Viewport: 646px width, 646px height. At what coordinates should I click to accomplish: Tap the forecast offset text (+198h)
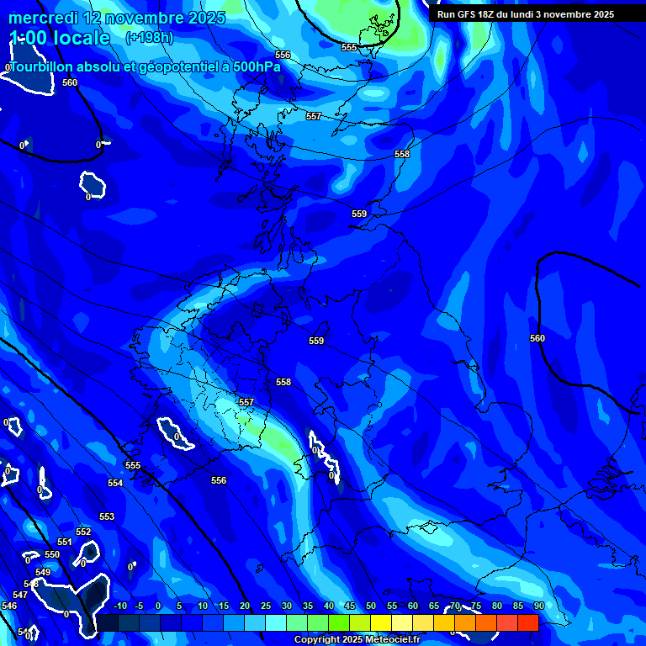tap(149, 37)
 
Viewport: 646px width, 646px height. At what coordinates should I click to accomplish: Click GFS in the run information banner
tap(471, 14)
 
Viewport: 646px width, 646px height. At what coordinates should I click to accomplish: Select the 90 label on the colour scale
tap(538, 606)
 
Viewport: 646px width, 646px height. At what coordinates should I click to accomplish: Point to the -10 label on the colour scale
tap(119, 606)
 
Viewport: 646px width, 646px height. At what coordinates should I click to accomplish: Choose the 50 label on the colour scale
tap(371, 606)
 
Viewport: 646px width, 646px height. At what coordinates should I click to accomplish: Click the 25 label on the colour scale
tap(266, 606)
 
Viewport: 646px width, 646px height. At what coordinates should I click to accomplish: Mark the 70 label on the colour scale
tap(455, 606)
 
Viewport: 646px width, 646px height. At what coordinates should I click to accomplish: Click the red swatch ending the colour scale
tap(527, 622)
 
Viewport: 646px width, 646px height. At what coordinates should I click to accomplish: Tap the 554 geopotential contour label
tap(115, 484)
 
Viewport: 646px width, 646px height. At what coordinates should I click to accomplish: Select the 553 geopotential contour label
tap(107, 517)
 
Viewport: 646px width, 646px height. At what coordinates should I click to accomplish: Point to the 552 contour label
tap(83, 532)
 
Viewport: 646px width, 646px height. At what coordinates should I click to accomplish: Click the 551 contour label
tap(65, 543)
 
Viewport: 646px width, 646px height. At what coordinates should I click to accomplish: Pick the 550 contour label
tap(52, 555)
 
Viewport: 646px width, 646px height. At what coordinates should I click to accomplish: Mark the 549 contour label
tap(43, 573)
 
